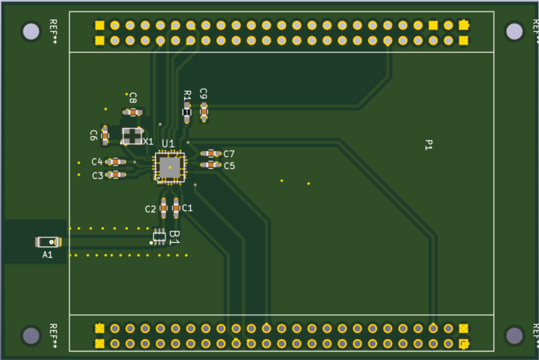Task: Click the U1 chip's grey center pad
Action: tap(170, 167)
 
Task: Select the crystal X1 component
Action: tap(132, 136)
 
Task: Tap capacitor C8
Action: tap(133, 112)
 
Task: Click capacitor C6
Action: tap(105, 136)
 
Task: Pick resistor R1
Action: tap(187, 113)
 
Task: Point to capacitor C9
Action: tap(204, 112)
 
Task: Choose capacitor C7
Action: tap(211, 153)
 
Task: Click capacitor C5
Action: tap(211, 165)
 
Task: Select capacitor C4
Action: tap(115, 162)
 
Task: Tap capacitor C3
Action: tap(115, 175)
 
